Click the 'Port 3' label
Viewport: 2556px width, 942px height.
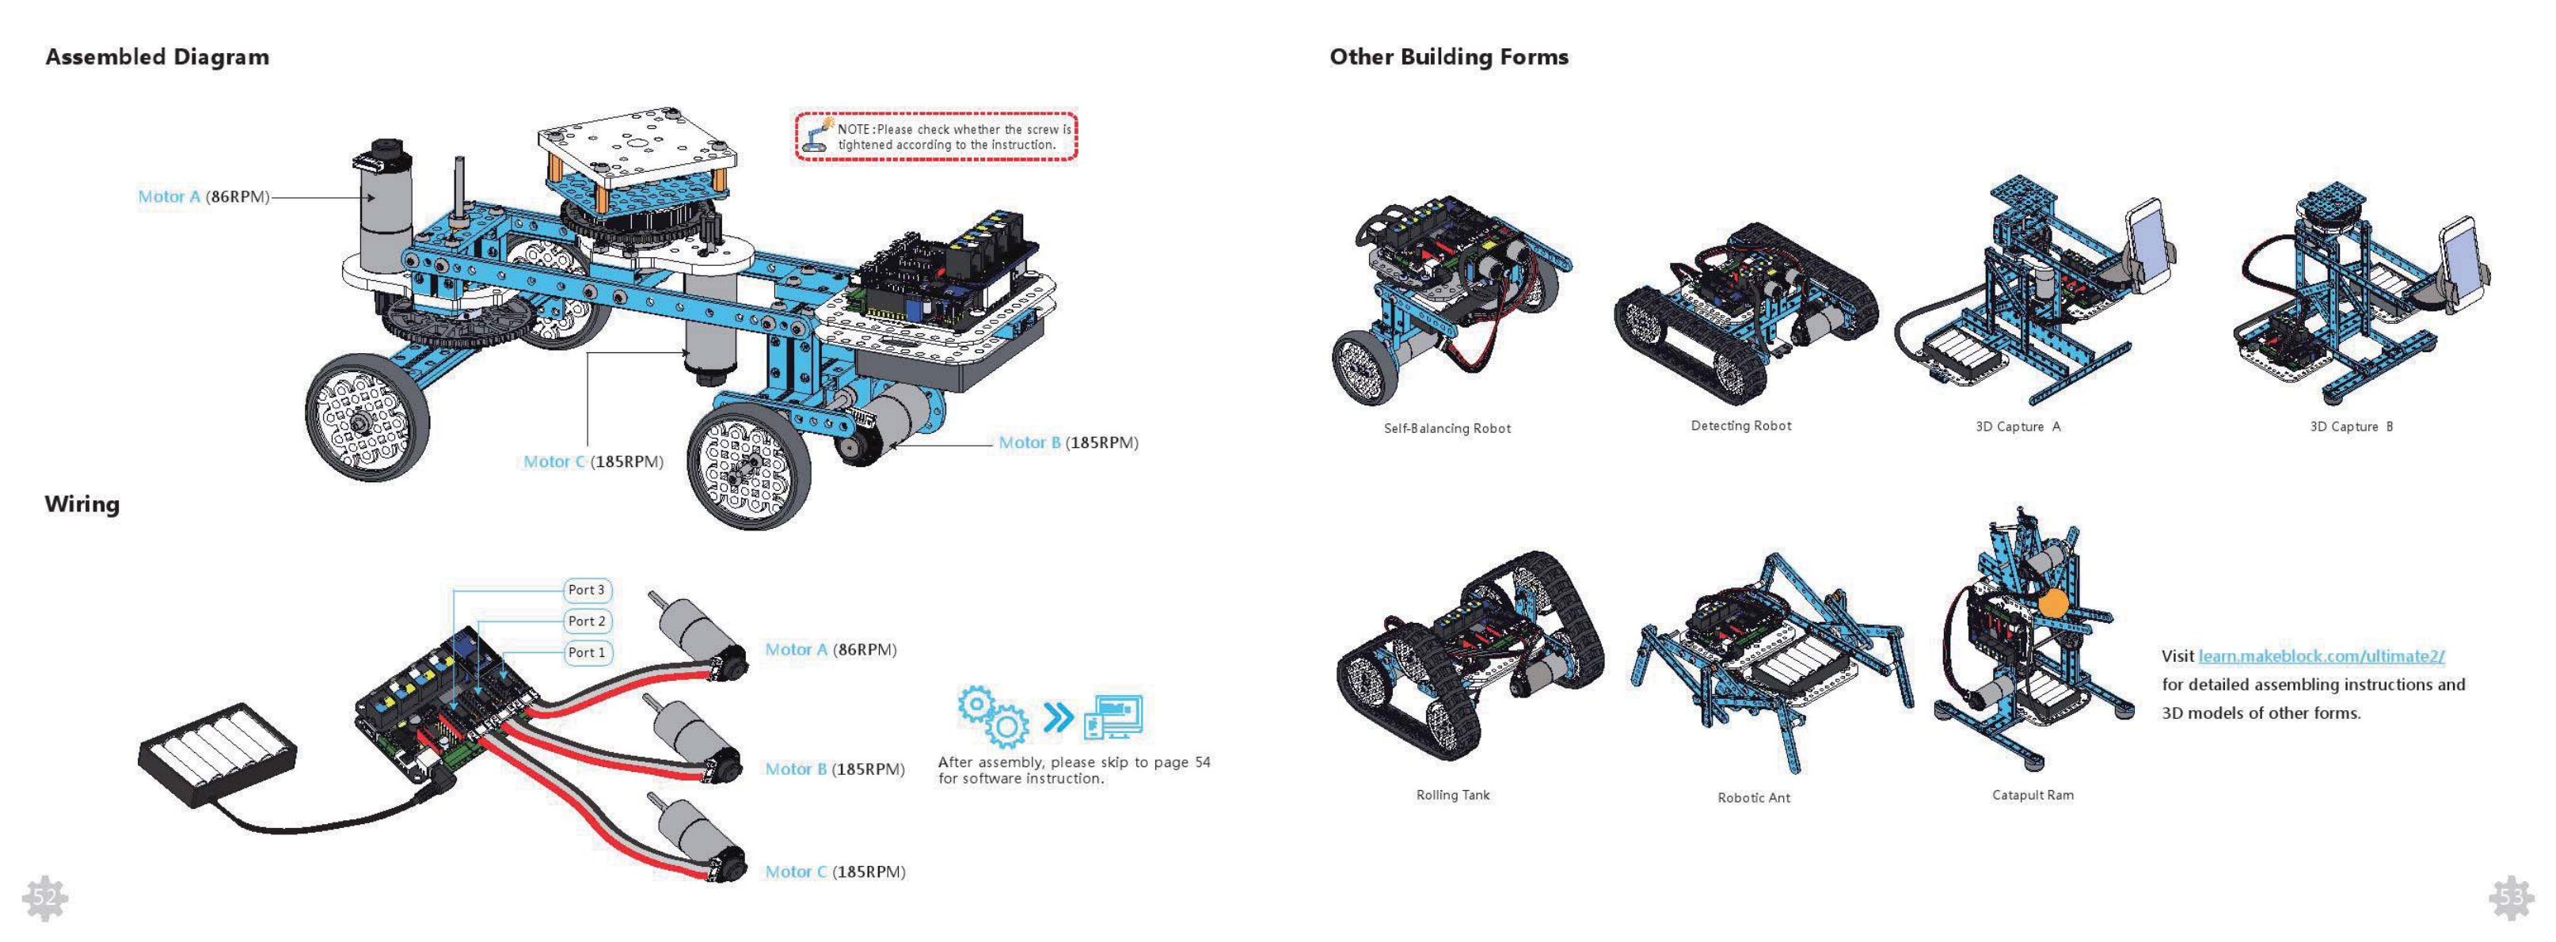(587, 590)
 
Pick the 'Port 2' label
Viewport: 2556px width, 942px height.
(587, 621)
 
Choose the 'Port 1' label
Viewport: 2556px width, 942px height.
(587, 652)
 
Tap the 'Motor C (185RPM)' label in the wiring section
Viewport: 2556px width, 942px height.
(835, 872)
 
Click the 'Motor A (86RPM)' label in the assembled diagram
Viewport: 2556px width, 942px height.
(203, 196)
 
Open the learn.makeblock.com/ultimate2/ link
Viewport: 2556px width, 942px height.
(2321, 655)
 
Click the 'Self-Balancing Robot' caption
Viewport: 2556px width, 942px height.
(1447, 428)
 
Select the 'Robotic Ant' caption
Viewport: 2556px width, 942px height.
(1753, 797)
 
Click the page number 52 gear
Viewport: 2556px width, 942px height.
(44, 898)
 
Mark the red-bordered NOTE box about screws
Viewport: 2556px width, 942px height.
(936, 136)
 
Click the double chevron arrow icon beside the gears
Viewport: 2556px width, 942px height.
(1059, 716)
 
